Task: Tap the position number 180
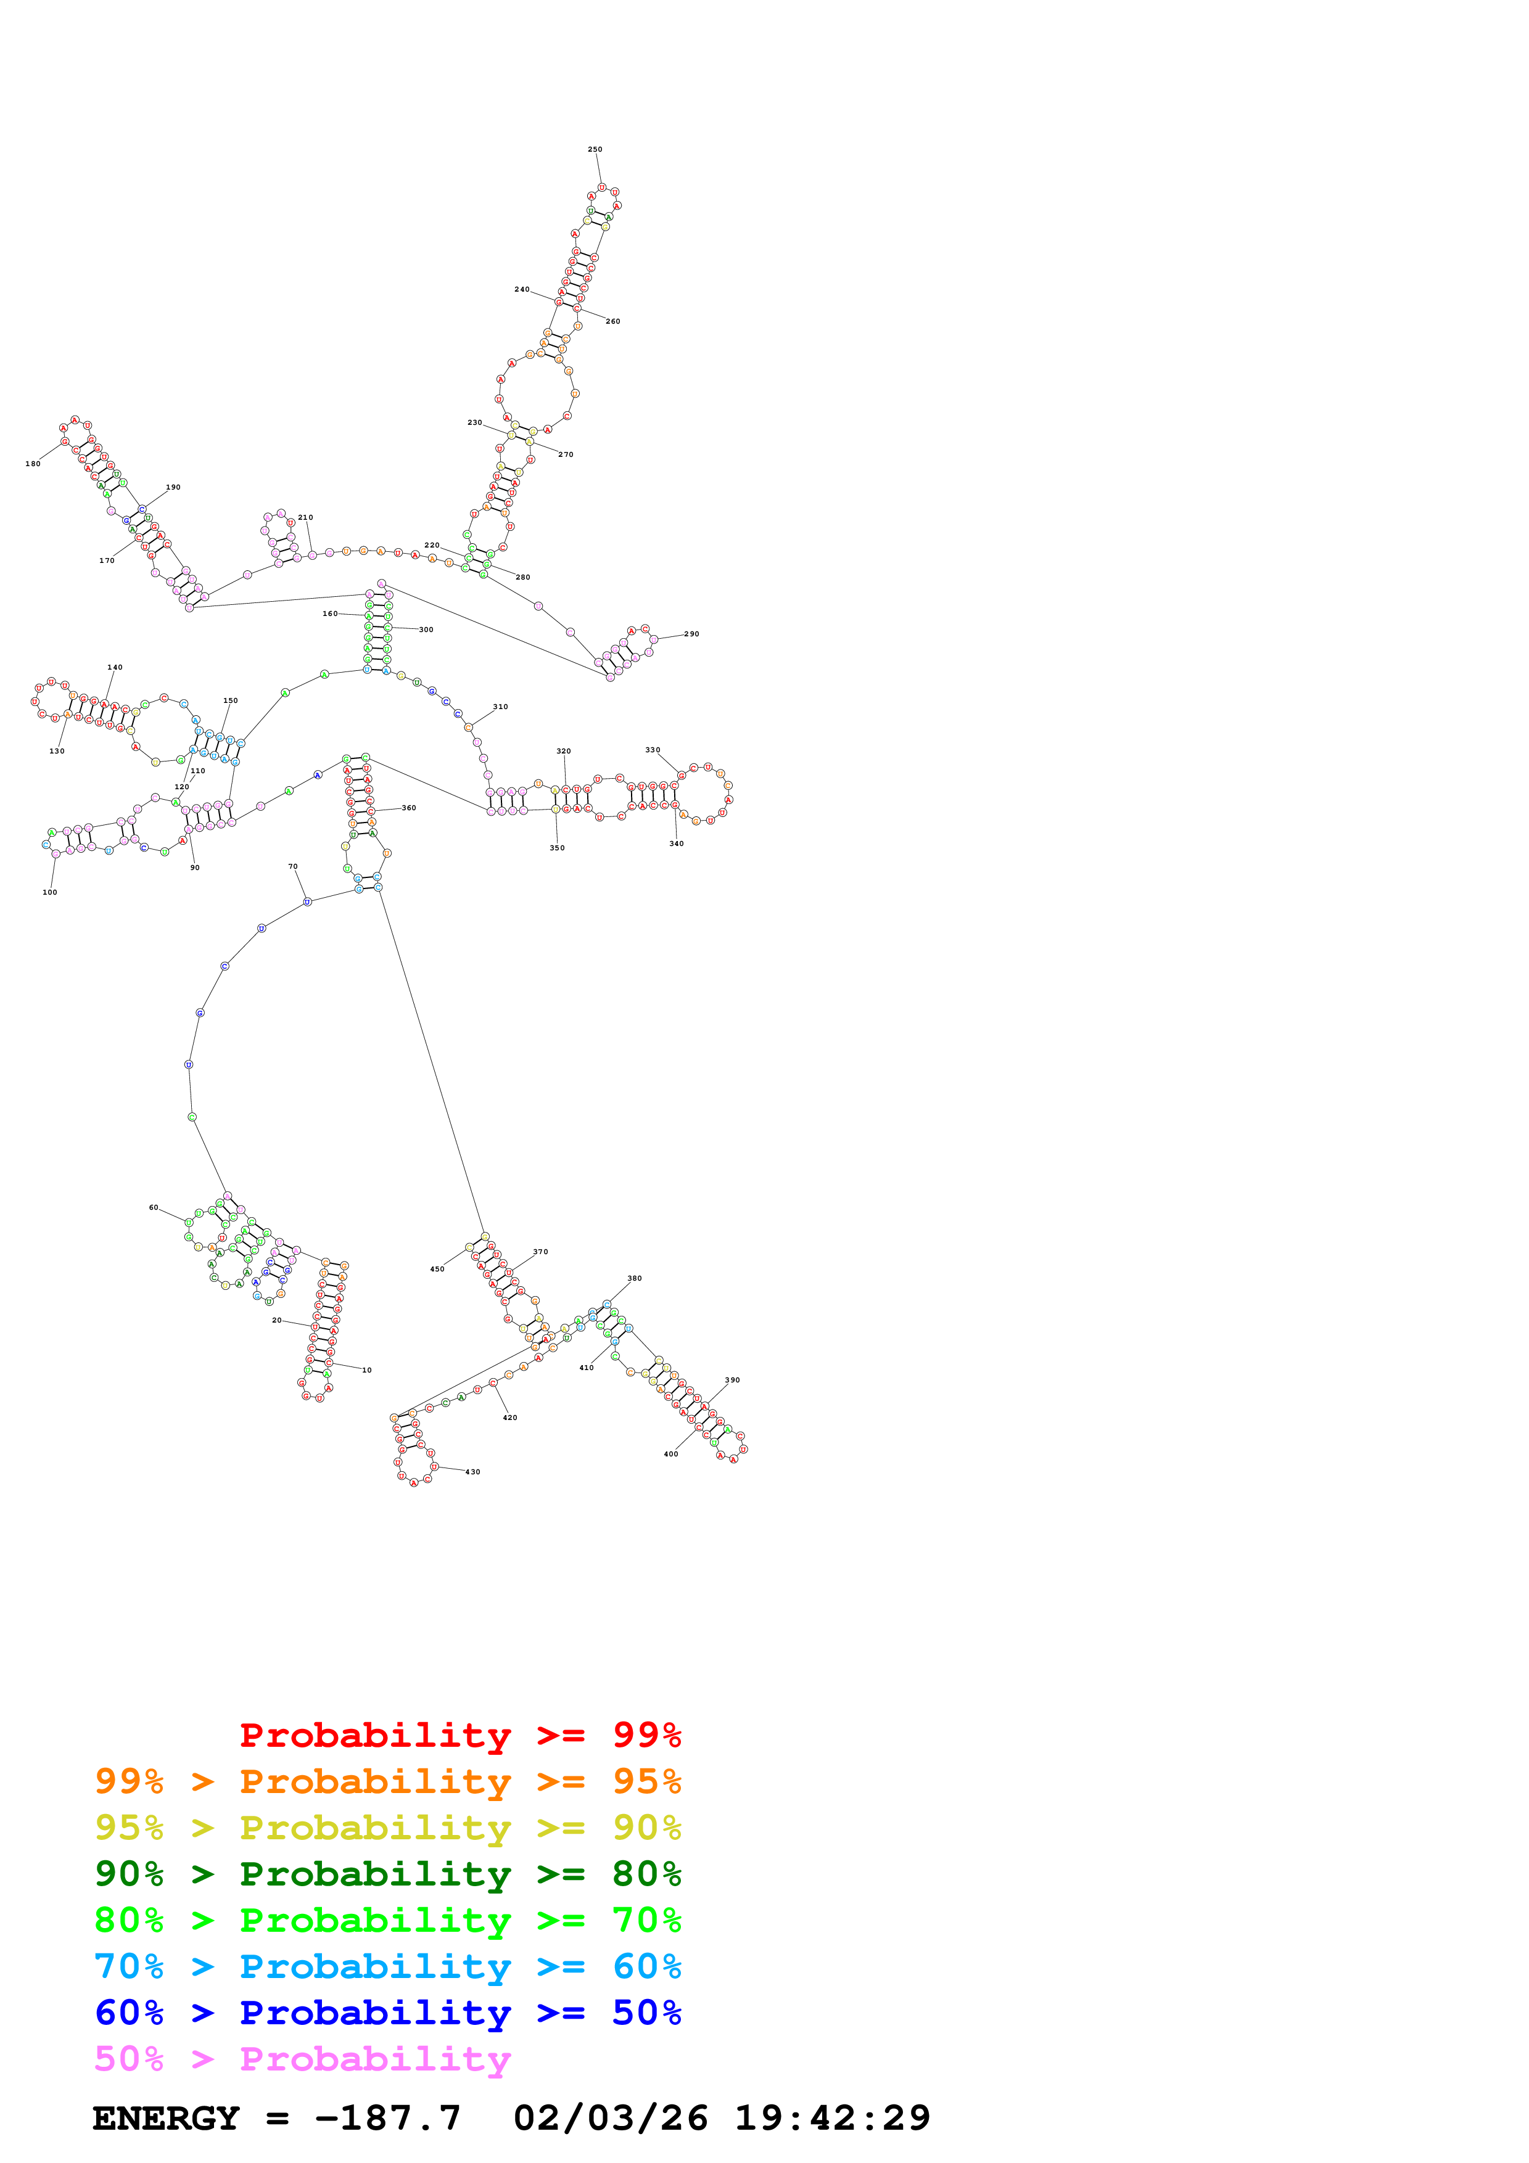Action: (x=33, y=464)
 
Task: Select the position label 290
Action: (x=691, y=634)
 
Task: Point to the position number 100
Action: (x=50, y=892)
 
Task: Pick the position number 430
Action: (x=473, y=1472)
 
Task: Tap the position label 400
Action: (x=671, y=1454)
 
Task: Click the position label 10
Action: (x=366, y=1370)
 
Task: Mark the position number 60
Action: (x=154, y=1207)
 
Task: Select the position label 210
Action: (x=305, y=517)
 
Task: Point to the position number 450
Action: (x=437, y=1269)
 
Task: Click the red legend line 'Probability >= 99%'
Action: (x=460, y=1734)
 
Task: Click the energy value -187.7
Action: (x=387, y=2118)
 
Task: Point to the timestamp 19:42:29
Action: (x=832, y=2118)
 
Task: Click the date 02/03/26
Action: (x=611, y=2118)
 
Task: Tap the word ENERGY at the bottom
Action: (x=166, y=2118)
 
